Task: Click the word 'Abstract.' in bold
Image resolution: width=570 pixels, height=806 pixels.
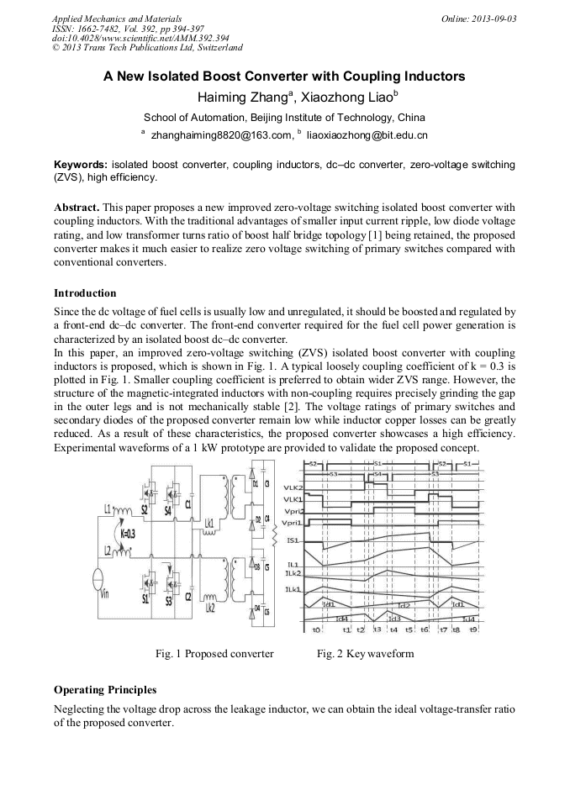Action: pos(77,207)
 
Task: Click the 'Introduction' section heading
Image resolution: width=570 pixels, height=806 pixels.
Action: pos(85,293)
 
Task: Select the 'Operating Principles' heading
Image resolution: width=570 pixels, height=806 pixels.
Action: pos(104,690)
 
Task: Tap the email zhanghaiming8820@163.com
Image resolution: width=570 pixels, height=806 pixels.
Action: pos(221,134)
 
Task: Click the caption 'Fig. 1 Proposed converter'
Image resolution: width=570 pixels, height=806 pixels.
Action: pos(214,654)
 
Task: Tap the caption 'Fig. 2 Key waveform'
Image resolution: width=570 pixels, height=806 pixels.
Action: pos(365,654)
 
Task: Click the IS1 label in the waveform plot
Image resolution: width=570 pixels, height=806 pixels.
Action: pos(294,540)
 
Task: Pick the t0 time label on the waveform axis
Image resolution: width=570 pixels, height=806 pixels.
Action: pos(316,630)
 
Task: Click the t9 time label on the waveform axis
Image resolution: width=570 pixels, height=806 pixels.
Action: pos(473,630)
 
